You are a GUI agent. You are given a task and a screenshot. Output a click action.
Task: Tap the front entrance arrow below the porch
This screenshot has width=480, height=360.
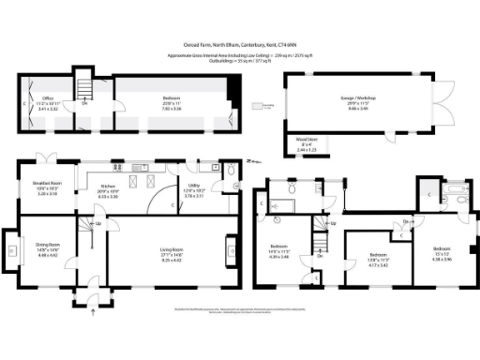point(93,315)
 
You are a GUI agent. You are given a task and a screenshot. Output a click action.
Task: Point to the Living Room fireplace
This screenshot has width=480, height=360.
point(231,249)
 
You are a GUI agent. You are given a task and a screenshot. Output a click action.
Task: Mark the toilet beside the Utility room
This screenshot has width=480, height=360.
point(229,170)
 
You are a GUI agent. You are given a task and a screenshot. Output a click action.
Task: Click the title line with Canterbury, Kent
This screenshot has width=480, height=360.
point(240,43)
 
